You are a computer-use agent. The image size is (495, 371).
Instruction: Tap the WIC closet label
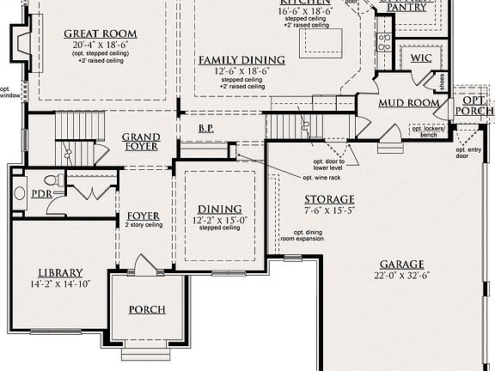tap(420, 58)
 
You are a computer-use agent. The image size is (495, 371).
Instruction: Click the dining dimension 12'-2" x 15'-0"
tap(220, 220)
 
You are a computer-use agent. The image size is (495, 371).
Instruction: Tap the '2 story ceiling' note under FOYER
tap(144, 225)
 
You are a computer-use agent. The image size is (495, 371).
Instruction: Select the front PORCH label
tap(147, 309)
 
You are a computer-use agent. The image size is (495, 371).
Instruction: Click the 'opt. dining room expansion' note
tap(312, 236)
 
